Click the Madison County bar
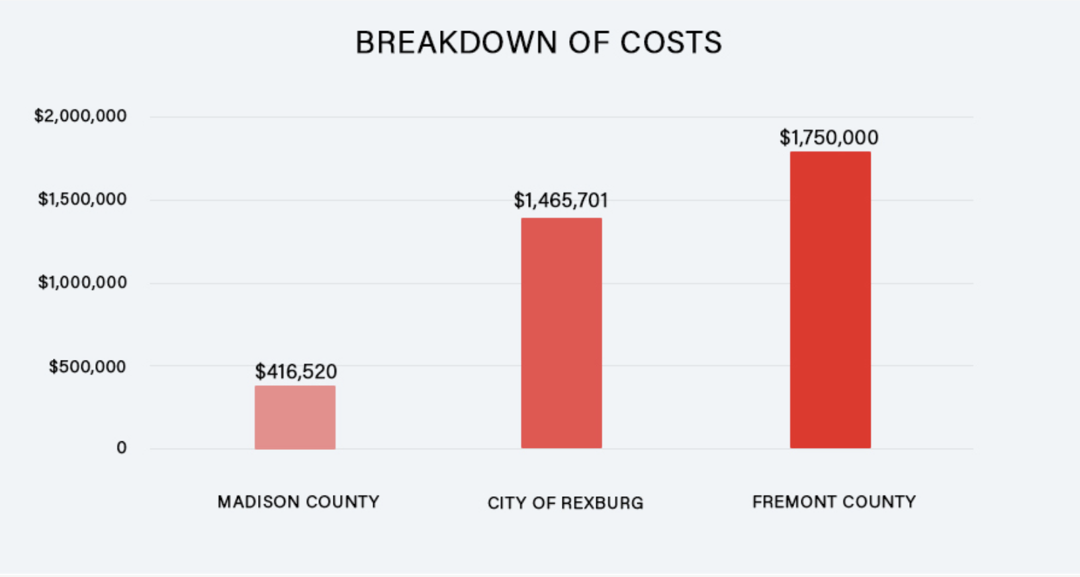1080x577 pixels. click(x=295, y=417)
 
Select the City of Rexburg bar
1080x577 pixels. click(x=561, y=333)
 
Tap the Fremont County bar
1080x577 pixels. click(x=830, y=300)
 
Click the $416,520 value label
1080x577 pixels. click(x=296, y=371)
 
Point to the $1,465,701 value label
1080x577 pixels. click(x=561, y=200)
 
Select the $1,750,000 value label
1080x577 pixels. click(x=829, y=137)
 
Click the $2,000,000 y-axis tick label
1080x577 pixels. click(x=80, y=116)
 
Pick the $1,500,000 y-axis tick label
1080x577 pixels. click(x=82, y=199)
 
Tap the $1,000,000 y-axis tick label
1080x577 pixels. click(x=82, y=283)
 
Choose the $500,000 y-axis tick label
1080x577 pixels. click(x=87, y=366)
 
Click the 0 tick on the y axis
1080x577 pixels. click(x=121, y=448)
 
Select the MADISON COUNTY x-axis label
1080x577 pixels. click(x=298, y=502)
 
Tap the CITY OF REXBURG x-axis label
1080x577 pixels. click(x=565, y=503)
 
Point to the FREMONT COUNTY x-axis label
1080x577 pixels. click(x=834, y=502)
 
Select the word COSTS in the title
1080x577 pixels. click(x=670, y=43)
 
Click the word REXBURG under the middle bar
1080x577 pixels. click(x=602, y=503)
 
